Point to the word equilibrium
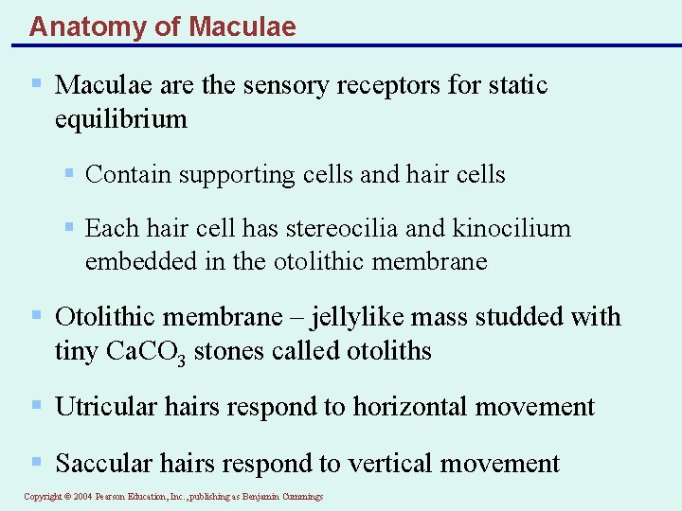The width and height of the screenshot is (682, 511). (x=121, y=120)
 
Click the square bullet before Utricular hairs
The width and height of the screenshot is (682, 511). (x=37, y=406)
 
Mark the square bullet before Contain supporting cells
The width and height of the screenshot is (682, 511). (x=68, y=174)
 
